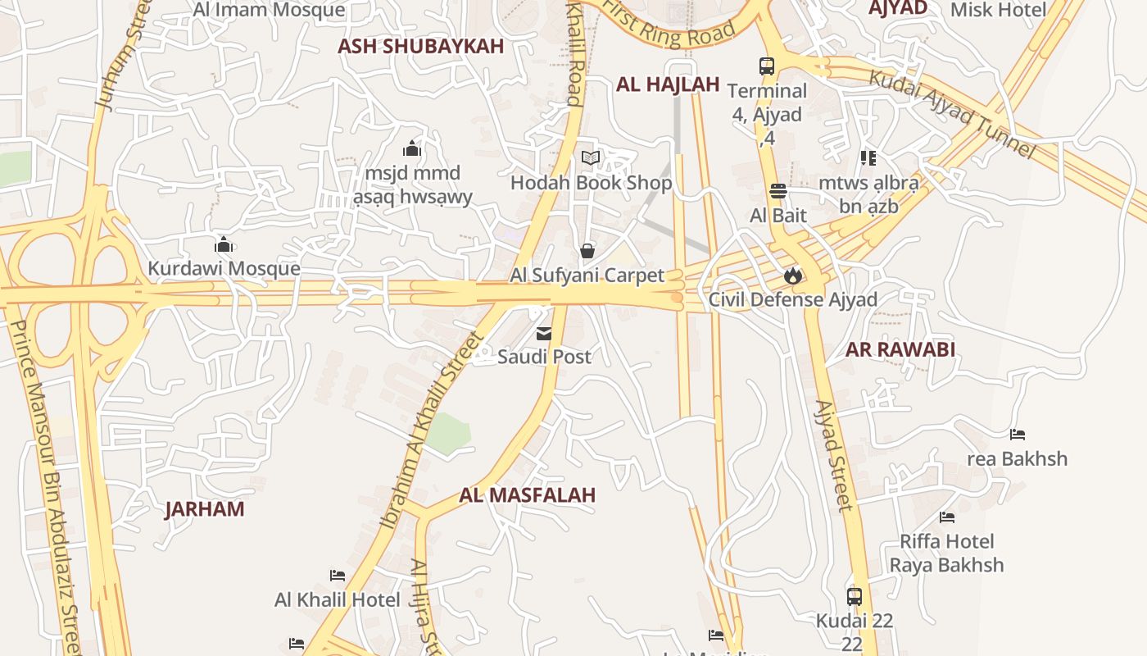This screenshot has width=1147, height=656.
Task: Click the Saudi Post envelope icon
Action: (544, 334)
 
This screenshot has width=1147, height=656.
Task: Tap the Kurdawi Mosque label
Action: (224, 268)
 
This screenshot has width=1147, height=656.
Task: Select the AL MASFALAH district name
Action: (527, 495)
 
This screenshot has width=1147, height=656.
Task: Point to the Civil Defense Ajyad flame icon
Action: (792, 276)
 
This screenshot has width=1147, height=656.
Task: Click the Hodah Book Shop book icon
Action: (591, 158)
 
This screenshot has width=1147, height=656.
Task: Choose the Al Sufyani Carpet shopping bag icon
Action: (587, 251)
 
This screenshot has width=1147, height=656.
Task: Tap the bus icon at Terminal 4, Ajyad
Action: (767, 66)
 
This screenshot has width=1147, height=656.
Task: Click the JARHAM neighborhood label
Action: (205, 509)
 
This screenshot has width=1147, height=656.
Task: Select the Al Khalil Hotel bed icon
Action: (337, 576)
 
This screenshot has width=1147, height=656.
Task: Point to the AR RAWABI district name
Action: (900, 350)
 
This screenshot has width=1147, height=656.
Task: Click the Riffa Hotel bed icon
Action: (947, 517)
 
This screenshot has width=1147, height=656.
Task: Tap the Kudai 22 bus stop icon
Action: (854, 596)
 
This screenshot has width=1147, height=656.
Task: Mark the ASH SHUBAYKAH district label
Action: (420, 47)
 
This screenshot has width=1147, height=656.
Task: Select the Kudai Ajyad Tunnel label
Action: (951, 113)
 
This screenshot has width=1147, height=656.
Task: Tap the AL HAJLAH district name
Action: (667, 84)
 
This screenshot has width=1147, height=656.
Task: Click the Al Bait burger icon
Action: (778, 192)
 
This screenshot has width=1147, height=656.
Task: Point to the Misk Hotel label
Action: (998, 10)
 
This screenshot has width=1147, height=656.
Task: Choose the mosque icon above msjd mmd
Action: (412, 149)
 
